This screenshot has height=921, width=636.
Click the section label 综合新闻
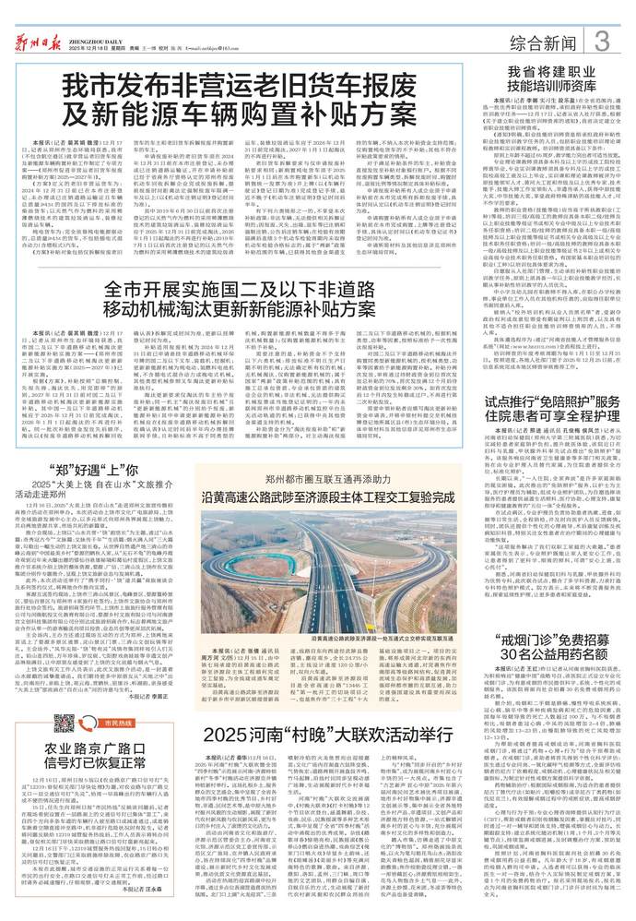click(x=538, y=42)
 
